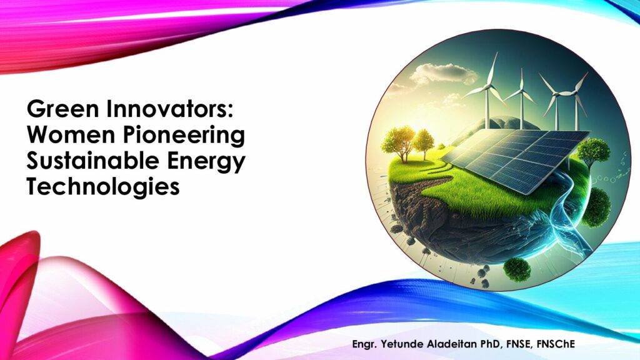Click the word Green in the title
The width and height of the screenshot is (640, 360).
coord(63,109)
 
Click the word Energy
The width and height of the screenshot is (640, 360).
coord(205,162)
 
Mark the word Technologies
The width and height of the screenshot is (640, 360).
coord(103,187)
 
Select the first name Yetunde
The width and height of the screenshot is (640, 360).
coord(402,344)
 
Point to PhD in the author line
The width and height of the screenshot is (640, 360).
coord(491,344)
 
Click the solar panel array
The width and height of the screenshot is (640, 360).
coord(516,158)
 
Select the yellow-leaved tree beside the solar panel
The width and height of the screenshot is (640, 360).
coord(399,141)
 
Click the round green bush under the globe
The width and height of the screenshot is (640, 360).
coord(517,269)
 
